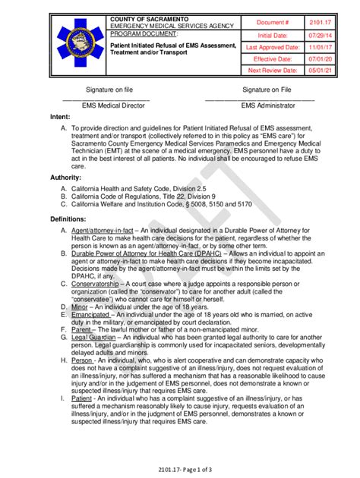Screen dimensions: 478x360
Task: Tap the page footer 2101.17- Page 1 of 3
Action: pos(179,470)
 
